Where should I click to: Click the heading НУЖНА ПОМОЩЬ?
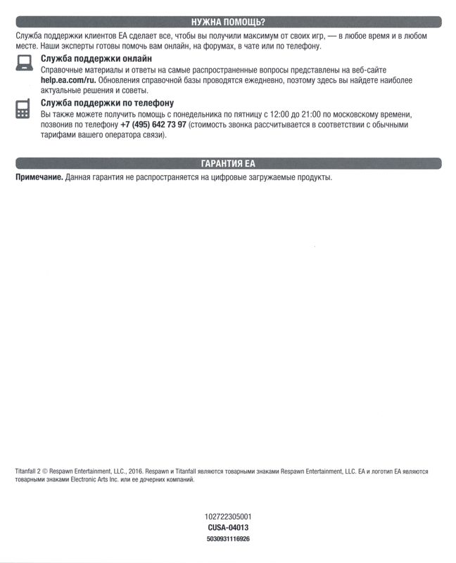point(228,22)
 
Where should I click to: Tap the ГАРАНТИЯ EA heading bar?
point(228,164)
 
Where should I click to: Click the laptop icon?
point(23,64)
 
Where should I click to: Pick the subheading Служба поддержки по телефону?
point(107,103)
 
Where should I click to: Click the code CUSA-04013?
point(228,527)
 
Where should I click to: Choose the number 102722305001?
point(228,517)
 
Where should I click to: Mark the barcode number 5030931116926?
point(228,538)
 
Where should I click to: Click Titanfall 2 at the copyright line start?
point(28,472)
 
